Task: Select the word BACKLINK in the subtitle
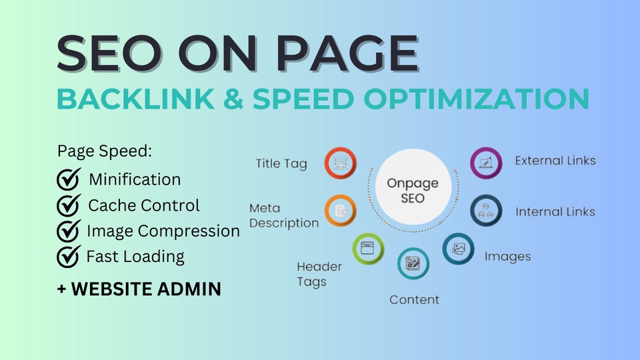(126, 98)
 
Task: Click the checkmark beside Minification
(69, 179)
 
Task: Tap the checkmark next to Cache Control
(69, 205)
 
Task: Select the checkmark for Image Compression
(69, 230)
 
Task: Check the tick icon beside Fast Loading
(69, 255)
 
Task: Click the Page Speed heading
(105, 151)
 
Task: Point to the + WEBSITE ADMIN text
(139, 289)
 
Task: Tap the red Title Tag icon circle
(341, 163)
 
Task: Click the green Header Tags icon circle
(367, 249)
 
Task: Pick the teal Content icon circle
(413, 263)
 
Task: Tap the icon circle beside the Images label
(459, 249)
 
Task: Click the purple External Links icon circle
(486, 163)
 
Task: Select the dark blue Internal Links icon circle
(486, 211)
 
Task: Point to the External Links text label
(555, 161)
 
